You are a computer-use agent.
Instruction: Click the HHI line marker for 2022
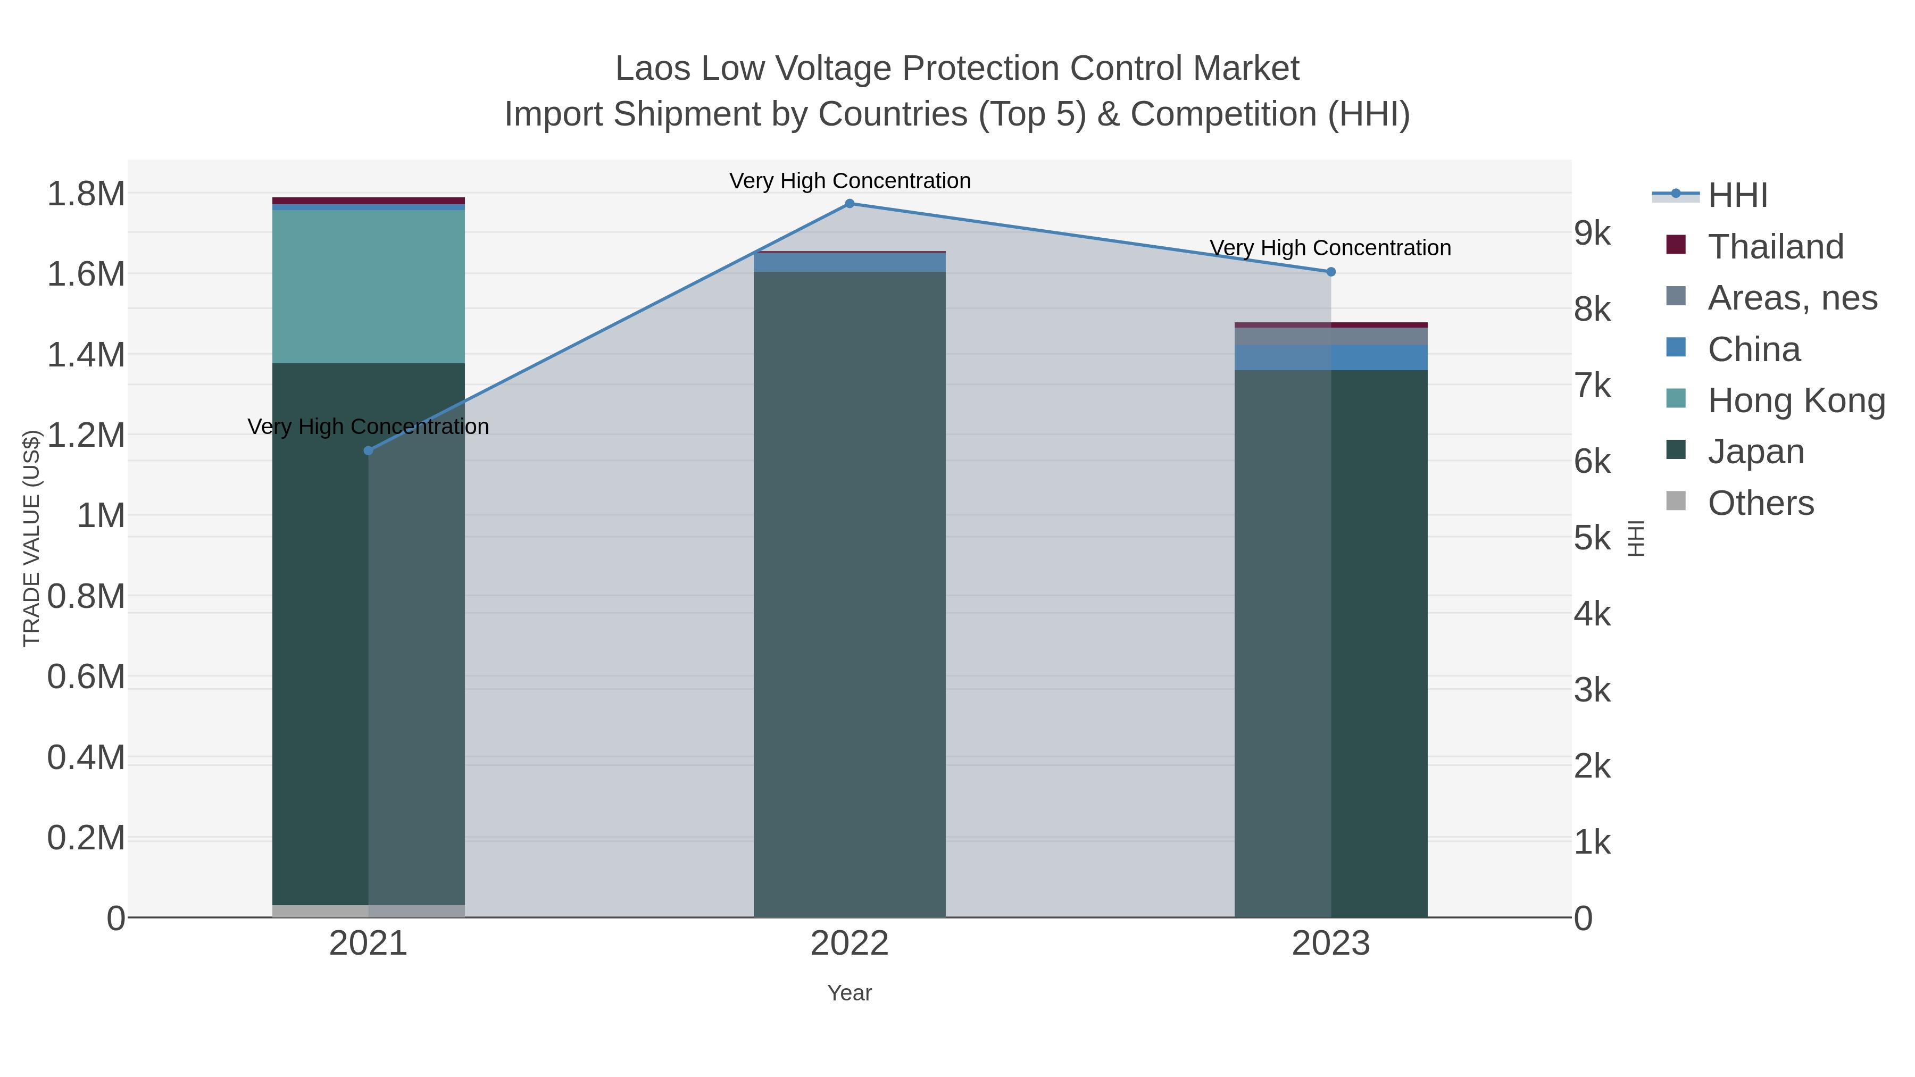coord(849,204)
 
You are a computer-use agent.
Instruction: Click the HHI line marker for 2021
coord(368,450)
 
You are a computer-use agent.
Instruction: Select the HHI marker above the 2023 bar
coord(1331,272)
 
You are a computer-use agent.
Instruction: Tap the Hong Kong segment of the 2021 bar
coord(368,286)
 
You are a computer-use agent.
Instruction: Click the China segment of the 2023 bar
coord(1331,357)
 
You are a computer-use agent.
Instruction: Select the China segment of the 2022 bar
coord(849,262)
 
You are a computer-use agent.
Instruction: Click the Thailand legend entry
coord(1775,247)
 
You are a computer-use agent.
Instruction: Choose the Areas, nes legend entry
coord(1792,298)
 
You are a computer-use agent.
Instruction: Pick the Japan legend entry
coord(1755,452)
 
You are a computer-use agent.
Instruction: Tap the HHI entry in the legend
coord(1737,196)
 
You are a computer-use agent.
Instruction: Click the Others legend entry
coord(1760,503)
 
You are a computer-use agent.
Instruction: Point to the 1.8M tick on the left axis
coord(86,194)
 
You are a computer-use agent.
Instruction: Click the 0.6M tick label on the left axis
coord(86,677)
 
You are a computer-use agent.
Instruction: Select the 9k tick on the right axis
coord(1592,233)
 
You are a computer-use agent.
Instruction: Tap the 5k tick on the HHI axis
coord(1592,538)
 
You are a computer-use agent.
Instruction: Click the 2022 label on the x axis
coord(849,944)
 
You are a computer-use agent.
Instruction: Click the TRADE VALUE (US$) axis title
coord(31,538)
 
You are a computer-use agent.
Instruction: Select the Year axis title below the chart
coord(849,993)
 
